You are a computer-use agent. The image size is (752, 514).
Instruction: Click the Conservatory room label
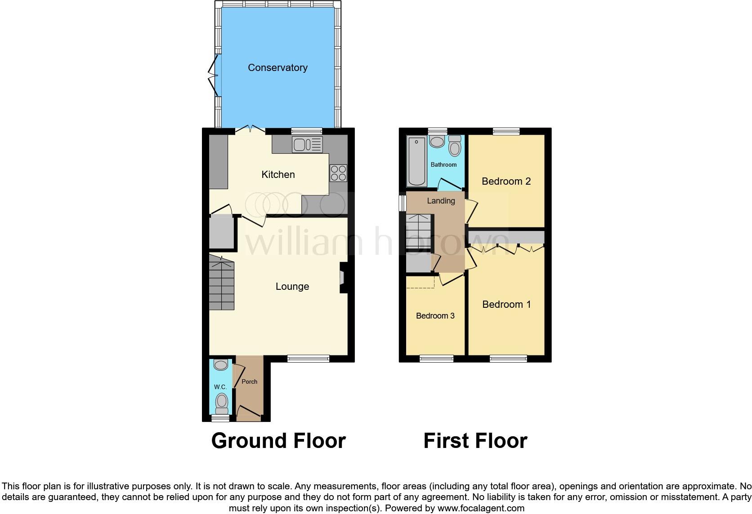coord(278,68)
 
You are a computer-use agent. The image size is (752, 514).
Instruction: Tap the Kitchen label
coord(278,175)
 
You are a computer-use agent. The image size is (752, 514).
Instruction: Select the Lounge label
coord(292,287)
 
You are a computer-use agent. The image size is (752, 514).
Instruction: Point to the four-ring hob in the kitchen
coord(338,173)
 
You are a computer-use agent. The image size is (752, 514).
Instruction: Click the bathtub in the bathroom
coord(416,161)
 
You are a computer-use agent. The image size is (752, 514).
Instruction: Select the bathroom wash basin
coord(437,142)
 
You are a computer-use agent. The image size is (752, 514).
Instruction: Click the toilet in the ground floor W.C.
coord(221,402)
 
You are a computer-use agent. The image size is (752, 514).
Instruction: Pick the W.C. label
coord(220,387)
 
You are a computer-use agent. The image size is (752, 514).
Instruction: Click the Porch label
coord(250,382)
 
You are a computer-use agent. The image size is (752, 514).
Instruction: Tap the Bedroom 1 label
coord(506,305)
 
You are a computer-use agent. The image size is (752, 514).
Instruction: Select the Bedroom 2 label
coord(506,182)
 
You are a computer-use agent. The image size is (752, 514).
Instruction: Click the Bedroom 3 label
coord(435,316)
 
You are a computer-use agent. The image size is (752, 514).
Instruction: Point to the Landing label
coord(441,201)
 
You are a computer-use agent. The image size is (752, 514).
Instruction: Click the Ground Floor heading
coord(278,441)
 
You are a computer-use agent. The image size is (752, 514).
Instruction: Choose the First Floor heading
coord(475,441)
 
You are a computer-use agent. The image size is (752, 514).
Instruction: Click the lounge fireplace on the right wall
coord(343,277)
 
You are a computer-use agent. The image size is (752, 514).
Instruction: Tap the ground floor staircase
coord(222,283)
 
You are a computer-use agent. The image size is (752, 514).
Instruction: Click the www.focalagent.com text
coord(481,509)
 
